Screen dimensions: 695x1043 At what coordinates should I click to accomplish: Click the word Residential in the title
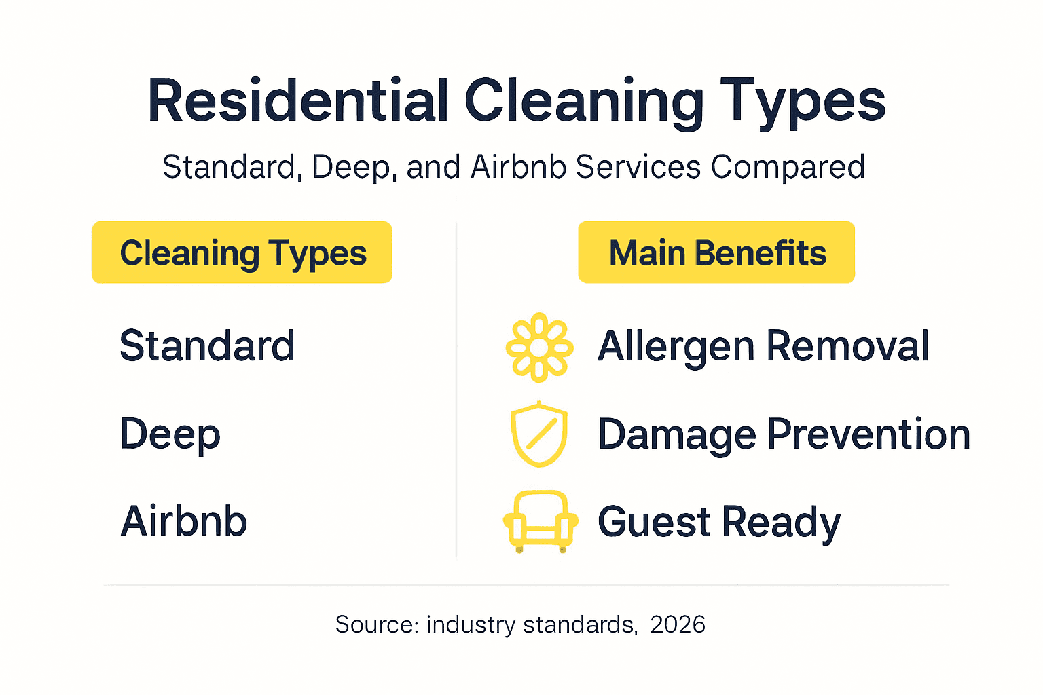(298, 102)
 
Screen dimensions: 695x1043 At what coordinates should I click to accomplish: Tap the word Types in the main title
(803, 102)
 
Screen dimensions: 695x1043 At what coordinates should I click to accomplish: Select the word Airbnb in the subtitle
(518, 167)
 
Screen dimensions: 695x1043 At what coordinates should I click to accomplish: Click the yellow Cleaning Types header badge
(242, 252)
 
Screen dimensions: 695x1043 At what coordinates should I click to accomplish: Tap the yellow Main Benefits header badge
(716, 252)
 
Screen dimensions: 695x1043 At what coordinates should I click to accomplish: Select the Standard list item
(207, 346)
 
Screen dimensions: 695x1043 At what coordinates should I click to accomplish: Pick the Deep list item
(170, 434)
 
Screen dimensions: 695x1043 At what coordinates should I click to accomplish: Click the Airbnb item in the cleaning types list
(183, 521)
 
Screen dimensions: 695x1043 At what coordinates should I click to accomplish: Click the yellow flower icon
(539, 347)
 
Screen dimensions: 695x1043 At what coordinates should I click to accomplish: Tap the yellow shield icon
(539, 434)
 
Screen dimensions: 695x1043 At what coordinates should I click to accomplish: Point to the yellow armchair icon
(541, 521)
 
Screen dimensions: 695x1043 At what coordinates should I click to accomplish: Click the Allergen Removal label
(763, 346)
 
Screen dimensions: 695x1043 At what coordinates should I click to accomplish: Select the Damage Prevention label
(784, 434)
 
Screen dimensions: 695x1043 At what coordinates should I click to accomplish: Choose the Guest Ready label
(719, 521)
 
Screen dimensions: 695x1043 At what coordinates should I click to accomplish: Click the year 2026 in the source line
(677, 624)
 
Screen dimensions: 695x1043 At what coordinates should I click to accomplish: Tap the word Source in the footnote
(376, 624)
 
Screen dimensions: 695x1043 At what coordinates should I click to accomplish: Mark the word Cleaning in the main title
(584, 102)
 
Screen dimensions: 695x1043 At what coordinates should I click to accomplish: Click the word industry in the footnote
(471, 624)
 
